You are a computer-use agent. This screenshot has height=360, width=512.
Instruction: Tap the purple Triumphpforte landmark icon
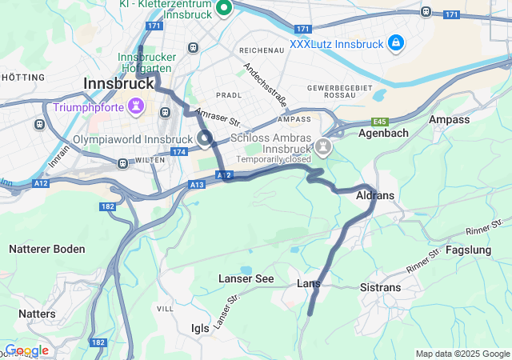click(137, 106)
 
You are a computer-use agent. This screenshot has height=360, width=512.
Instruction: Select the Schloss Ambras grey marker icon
click(322, 146)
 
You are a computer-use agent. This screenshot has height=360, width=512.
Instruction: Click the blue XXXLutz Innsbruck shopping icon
click(395, 42)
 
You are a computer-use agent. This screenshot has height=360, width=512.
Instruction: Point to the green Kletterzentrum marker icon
click(223, 8)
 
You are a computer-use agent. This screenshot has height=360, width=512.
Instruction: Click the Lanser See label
click(246, 278)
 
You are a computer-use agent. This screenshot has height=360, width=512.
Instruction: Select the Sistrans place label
click(381, 286)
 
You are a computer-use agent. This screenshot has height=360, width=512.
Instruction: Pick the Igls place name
click(200, 328)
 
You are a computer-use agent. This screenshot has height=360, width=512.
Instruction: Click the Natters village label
click(38, 314)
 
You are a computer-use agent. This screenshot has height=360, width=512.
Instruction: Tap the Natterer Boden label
click(47, 249)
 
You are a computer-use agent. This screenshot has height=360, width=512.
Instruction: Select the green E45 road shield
click(380, 122)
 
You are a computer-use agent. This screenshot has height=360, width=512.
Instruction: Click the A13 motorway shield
click(198, 185)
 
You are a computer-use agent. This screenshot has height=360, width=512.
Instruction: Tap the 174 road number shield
click(178, 151)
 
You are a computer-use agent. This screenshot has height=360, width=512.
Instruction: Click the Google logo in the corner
click(26, 350)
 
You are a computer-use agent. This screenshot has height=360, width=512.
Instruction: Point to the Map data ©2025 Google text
click(462, 354)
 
